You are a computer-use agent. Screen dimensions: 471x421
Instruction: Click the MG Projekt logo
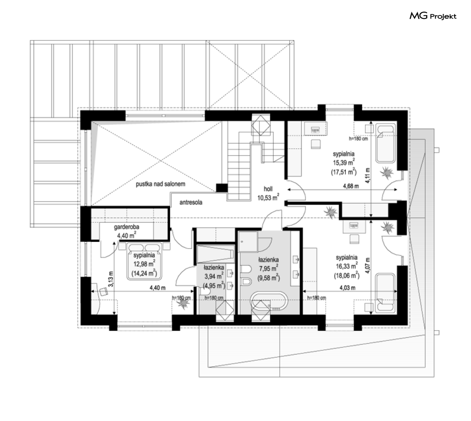point(433,16)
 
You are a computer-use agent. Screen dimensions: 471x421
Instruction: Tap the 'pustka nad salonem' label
point(161,184)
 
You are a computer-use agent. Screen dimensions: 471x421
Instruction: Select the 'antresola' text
point(191,202)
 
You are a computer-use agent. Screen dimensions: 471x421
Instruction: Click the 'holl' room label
point(268,189)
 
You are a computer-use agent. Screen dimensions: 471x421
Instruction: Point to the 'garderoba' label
point(126,227)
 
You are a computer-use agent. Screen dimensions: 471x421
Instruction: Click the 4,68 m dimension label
point(351,186)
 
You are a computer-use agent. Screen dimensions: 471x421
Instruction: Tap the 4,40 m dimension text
point(158,288)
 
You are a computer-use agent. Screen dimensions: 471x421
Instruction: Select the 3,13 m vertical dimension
point(111,279)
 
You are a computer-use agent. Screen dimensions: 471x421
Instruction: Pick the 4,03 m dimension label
point(348,288)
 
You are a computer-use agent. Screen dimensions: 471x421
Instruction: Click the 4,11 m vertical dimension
point(368,176)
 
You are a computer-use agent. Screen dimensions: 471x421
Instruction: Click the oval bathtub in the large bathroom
point(269,301)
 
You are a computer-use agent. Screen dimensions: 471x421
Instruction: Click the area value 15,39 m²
point(344,163)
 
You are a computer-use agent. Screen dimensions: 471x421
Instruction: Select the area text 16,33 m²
point(347,266)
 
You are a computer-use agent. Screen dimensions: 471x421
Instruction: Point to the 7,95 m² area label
point(268,268)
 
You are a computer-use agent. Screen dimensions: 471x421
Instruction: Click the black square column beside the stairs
point(222,188)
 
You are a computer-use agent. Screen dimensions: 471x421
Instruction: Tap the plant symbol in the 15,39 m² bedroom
point(386,172)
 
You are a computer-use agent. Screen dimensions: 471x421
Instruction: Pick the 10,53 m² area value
point(268,198)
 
